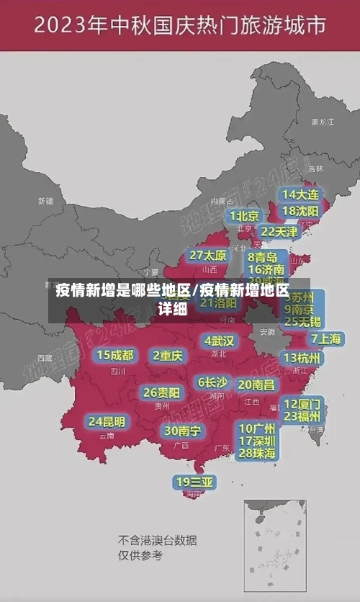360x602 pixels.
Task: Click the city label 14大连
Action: click(300, 194)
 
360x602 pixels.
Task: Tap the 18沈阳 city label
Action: click(300, 211)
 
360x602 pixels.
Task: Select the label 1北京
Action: click(245, 215)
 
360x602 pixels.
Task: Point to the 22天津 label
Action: click(279, 231)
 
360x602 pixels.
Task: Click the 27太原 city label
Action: click(208, 255)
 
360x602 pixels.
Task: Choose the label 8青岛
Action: click(263, 256)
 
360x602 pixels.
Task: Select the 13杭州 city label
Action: click(302, 358)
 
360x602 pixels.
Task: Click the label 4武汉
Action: click(219, 340)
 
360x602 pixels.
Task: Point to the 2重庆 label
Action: click(168, 355)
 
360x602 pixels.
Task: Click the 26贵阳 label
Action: click(161, 392)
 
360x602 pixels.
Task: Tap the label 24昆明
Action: click(107, 421)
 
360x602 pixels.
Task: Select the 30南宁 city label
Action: click(182, 431)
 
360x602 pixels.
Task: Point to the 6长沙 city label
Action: click(212, 382)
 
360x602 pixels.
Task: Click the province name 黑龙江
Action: click(322, 122)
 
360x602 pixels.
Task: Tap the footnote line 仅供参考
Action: click(140, 555)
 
